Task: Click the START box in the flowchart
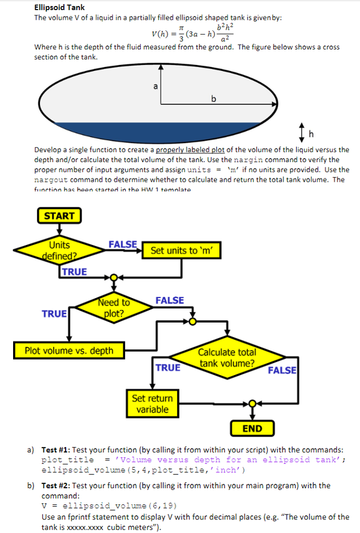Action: click(59, 216)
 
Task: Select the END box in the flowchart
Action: click(252, 429)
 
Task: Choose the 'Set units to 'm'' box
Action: click(185, 250)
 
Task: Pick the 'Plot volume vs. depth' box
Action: click(69, 350)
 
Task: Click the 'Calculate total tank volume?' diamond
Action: click(227, 358)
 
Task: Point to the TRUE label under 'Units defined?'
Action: click(75, 272)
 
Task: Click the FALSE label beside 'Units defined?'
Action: click(123, 244)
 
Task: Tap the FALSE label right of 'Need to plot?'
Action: click(170, 300)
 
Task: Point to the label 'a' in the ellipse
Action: click(156, 86)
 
